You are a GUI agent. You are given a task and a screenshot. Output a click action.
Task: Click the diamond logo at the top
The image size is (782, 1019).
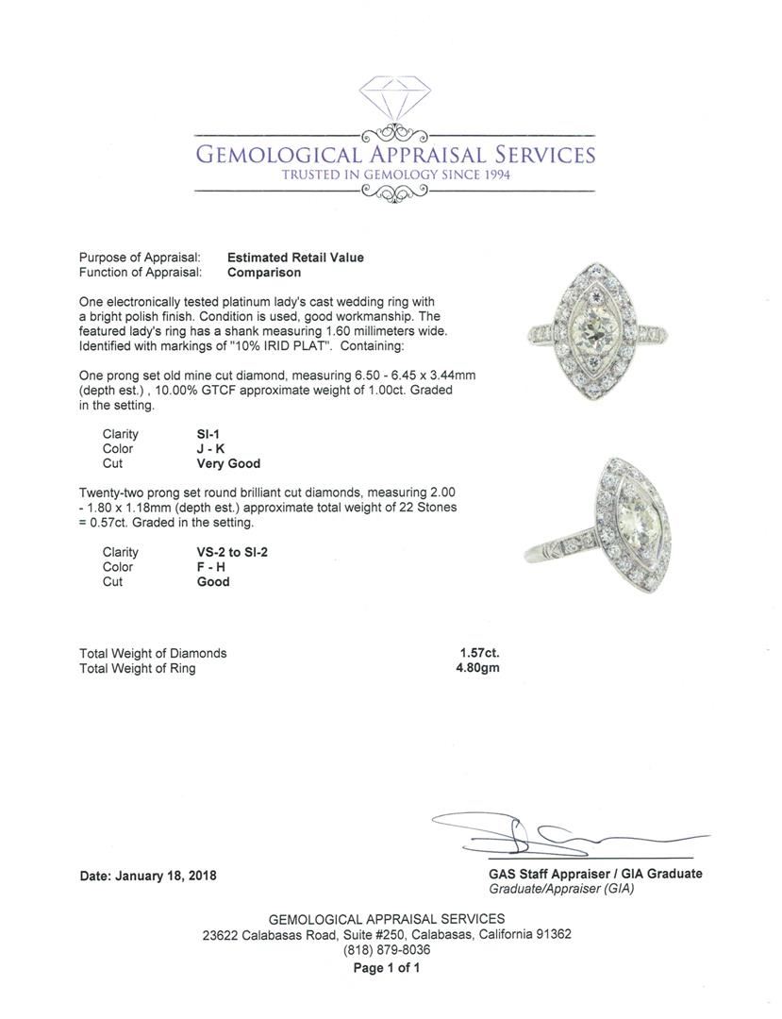click(x=394, y=100)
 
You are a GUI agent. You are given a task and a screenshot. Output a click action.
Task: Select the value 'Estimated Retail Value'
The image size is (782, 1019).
click(x=295, y=258)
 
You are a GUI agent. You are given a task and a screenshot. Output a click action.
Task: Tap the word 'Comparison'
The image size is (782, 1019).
click(x=264, y=273)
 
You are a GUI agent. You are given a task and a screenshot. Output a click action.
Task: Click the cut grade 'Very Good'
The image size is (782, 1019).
click(x=228, y=464)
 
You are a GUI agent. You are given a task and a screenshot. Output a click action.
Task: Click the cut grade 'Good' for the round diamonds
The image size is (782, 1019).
click(x=213, y=582)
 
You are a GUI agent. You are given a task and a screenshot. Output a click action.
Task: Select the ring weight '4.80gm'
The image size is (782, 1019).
click(x=477, y=668)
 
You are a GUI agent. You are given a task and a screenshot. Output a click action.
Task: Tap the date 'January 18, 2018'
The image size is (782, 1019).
click(x=165, y=876)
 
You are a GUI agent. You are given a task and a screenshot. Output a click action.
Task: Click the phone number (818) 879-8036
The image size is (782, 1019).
click(x=387, y=950)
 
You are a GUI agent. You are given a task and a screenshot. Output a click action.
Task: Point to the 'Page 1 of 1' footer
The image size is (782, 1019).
click(x=387, y=968)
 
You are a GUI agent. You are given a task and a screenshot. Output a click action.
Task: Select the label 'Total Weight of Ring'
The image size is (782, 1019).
click(x=138, y=668)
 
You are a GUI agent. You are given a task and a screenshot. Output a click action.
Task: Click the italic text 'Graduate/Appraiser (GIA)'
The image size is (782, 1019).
click(x=561, y=889)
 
